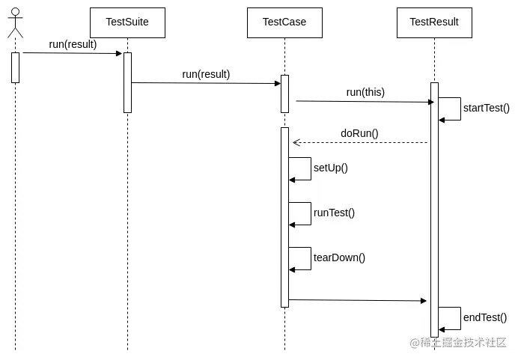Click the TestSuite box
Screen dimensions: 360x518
tap(127, 22)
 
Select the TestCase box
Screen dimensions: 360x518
tap(284, 22)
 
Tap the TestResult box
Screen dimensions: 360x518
tap(434, 22)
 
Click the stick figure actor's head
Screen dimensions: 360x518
tap(15, 13)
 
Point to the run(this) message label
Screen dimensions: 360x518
tap(365, 92)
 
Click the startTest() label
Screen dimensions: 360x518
tap(486, 108)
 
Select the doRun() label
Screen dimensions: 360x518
tap(359, 133)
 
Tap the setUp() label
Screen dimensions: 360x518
tap(330, 168)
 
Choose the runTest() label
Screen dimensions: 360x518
tap(334, 213)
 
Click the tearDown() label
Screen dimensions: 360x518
tap(339, 257)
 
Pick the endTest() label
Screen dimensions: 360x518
tap(484, 317)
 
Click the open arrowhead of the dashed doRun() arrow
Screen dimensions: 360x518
tap(296, 142)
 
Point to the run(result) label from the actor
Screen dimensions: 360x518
tap(73, 44)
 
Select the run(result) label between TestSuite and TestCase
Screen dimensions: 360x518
tap(206, 74)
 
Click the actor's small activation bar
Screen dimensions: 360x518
tap(15, 67)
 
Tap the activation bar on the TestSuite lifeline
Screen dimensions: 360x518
tap(127, 82)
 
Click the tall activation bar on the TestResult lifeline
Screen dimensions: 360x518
tap(434, 210)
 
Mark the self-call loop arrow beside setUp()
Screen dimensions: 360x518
tap(301, 168)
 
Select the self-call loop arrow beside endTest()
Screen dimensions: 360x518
tap(451, 318)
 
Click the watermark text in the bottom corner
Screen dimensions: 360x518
tap(458, 343)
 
